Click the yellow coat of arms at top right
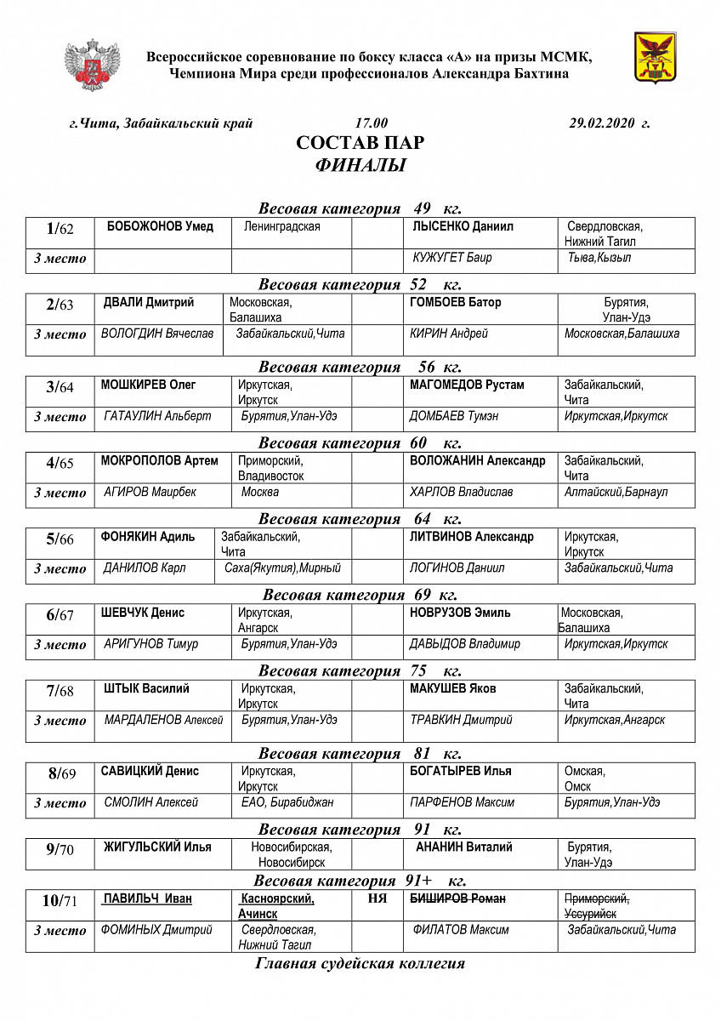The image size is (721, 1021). pyautogui.click(x=656, y=58)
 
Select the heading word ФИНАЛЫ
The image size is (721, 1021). pyautogui.click(x=360, y=165)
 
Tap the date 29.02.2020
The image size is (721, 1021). pyautogui.click(x=602, y=123)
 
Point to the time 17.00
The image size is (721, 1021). pyautogui.click(x=371, y=123)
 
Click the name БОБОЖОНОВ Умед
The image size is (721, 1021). pyautogui.click(x=160, y=227)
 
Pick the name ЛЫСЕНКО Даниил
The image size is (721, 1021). pyautogui.click(x=463, y=227)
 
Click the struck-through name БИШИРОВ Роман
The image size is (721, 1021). pyautogui.click(x=458, y=899)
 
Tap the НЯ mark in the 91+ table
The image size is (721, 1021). pyautogui.click(x=376, y=898)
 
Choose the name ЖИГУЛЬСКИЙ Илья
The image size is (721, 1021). pyautogui.click(x=157, y=847)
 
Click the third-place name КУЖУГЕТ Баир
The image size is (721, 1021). pyautogui.click(x=451, y=258)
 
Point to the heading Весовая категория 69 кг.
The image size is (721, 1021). pyautogui.click(x=360, y=595)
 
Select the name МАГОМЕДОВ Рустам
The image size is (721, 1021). pyautogui.click(x=467, y=385)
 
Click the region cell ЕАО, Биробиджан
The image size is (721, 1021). pyautogui.click(x=287, y=802)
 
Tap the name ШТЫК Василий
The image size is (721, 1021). pyautogui.click(x=146, y=688)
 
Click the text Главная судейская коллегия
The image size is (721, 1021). pyautogui.click(x=360, y=963)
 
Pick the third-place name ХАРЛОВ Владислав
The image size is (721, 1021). pyautogui.click(x=462, y=492)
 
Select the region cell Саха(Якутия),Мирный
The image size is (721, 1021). pyautogui.click(x=282, y=568)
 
